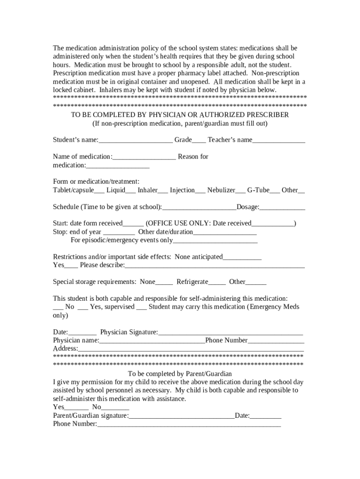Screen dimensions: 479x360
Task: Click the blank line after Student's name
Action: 136,140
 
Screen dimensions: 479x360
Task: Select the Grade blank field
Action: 199,140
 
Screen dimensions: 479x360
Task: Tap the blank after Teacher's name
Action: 279,140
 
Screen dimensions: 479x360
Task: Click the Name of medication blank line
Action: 144,157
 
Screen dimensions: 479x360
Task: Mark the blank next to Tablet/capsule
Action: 99,191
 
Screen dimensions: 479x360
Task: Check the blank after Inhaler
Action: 163,191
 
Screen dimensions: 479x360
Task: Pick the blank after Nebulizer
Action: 240,191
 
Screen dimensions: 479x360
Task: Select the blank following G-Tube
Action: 275,191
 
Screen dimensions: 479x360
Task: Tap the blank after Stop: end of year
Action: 119,232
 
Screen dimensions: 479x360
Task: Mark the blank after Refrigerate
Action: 217,283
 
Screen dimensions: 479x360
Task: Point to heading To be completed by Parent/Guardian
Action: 180,374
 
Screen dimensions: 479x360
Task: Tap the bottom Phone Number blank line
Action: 189,425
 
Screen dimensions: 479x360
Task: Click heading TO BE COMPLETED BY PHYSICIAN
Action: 180,115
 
